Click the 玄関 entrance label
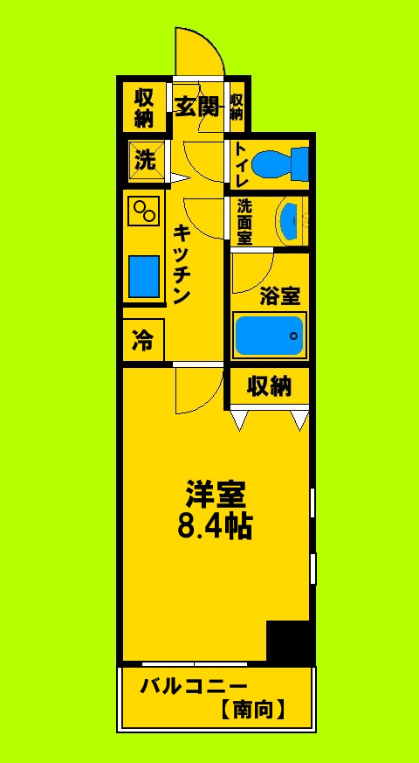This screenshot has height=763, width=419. click(x=196, y=107)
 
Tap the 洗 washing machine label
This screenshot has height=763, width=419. click(x=144, y=161)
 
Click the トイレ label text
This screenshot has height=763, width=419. click(x=241, y=163)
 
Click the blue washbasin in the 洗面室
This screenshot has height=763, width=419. click(x=290, y=222)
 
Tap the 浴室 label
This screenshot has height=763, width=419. click(x=279, y=295)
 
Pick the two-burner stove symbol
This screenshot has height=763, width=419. click(x=143, y=211)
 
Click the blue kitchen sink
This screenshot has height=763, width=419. click(x=143, y=276)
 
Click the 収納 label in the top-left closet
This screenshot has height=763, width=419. click(x=144, y=107)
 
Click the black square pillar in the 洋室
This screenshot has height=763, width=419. click(x=288, y=642)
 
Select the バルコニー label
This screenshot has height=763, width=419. click(x=194, y=685)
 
